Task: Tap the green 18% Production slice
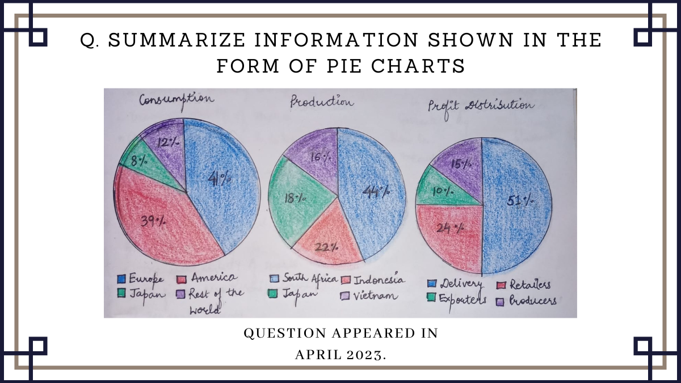pyautogui.click(x=298, y=199)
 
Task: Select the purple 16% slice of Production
pyautogui.click(x=316, y=154)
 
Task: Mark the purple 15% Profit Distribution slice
pyautogui.click(x=459, y=165)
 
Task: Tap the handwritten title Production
pyautogui.click(x=322, y=102)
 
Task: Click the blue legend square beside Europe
pyautogui.click(x=121, y=279)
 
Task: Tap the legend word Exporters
pyautogui.click(x=463, y=300)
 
